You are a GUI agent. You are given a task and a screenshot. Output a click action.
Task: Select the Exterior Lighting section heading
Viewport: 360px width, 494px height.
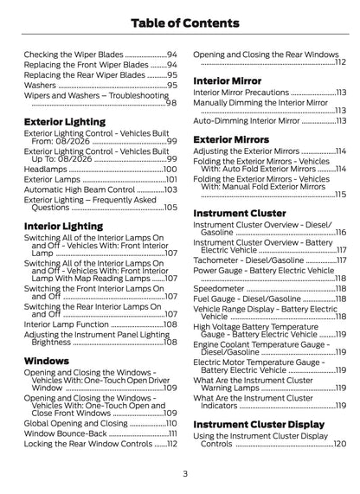click(x=65, y=122)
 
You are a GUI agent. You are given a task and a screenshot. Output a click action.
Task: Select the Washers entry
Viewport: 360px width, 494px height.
click(x=40, y=87)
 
